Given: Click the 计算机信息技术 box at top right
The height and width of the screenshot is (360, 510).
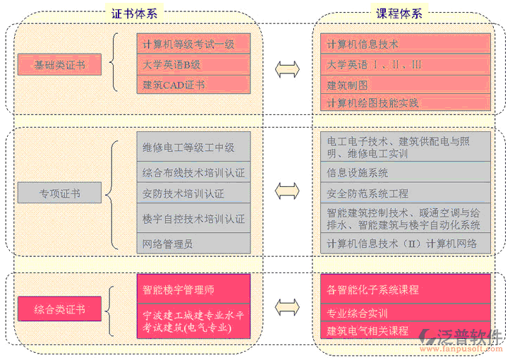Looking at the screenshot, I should (x=405, y=44).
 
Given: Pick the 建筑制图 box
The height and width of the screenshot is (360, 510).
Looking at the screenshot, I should (x=405, y=85).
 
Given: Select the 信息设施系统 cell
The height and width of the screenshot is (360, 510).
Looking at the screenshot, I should (x=405, y=172).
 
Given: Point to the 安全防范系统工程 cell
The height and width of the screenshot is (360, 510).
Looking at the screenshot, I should (x=405, y=193).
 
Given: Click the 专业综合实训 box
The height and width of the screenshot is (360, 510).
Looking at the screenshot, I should (x=405, y=313).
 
